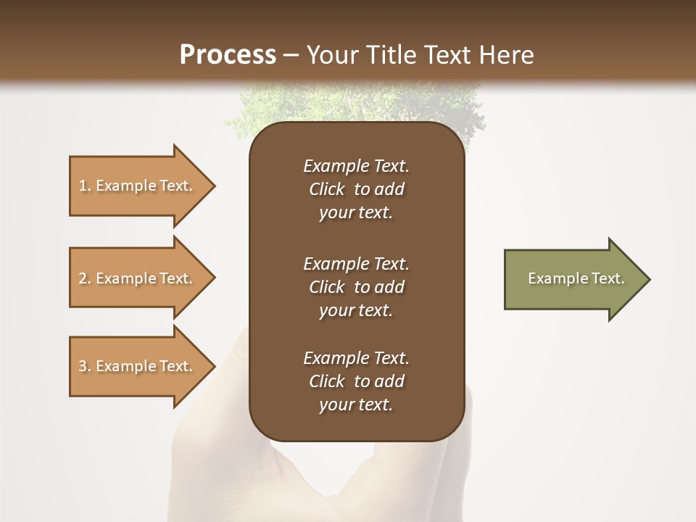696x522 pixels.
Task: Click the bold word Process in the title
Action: [228, 55]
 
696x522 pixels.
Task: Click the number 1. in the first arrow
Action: [84, 186]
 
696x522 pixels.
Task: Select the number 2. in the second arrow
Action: [84, 278]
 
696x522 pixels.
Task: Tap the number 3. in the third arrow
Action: [84, 366]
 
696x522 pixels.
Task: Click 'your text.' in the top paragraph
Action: [356, 212]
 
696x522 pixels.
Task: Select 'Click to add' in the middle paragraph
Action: [356, 287]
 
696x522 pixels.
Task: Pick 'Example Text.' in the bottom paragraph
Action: [356, 358]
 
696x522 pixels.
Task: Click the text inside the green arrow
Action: [576, 278]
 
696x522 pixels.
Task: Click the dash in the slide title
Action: [291, 55]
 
